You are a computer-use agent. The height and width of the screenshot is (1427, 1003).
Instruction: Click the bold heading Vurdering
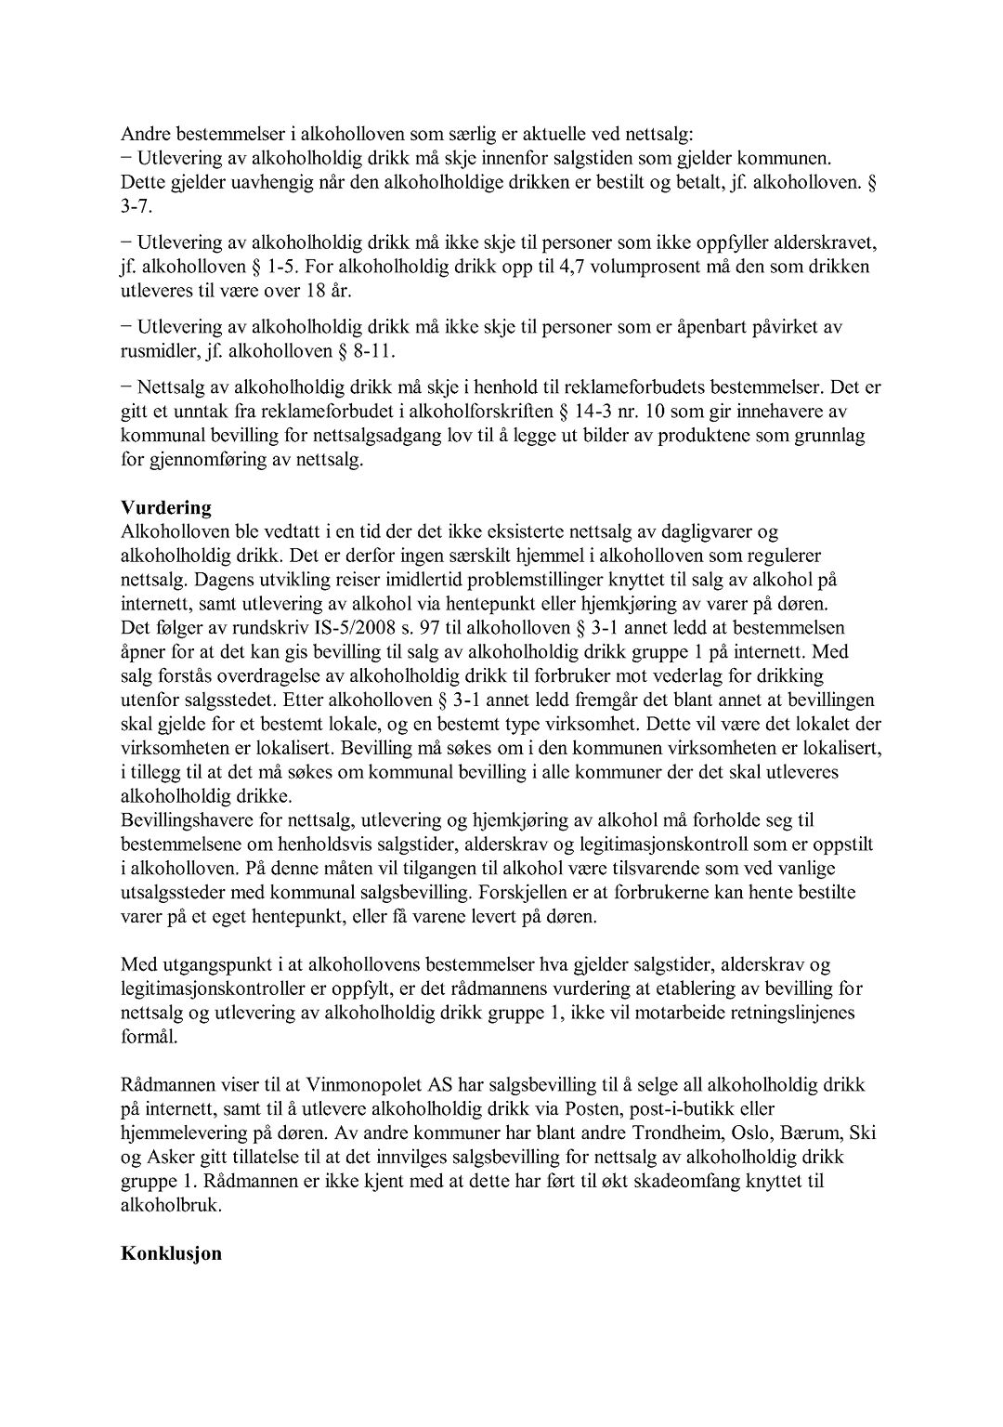166,508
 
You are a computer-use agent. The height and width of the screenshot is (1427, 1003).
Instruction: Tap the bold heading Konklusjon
171,1253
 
